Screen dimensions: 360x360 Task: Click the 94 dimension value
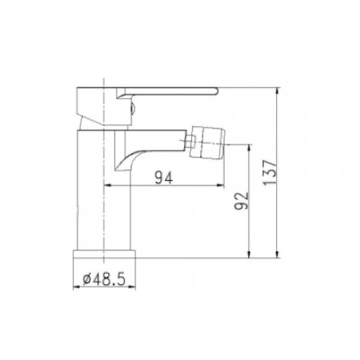[163, 178]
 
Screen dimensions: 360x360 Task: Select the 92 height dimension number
[241, 201]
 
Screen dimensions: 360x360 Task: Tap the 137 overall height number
[270, 172]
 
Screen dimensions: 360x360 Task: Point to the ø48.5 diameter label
[104, 279]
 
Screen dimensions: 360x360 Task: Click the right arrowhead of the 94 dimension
[220, 185]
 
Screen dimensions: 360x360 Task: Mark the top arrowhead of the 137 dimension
[277, 91]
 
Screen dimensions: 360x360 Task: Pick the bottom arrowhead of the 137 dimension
[277, 254]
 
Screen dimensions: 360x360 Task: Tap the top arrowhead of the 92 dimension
[249, 148]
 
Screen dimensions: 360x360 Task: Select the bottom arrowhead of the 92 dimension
[249, 254]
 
